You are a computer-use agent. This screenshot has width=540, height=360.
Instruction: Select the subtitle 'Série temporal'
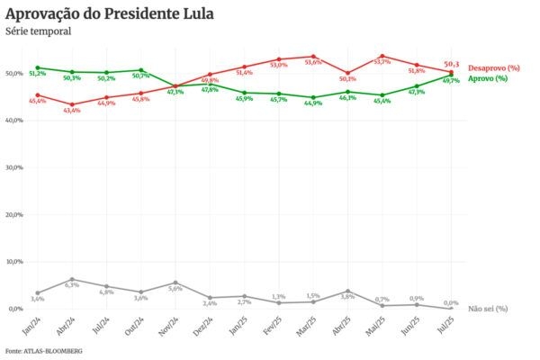point(38,31)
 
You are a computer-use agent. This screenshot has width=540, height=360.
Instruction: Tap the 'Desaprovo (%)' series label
point(494,68)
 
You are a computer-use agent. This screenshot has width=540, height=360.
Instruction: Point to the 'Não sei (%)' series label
point(488,309)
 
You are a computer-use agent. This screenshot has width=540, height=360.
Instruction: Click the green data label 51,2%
point(38,73)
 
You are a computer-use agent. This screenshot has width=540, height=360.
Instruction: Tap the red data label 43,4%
point(72,110)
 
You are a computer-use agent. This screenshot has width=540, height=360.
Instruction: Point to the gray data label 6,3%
point(72,285)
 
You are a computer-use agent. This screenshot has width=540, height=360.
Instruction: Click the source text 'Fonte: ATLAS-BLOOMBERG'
point(43,350)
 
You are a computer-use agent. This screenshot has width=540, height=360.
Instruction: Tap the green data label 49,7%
point(451,81)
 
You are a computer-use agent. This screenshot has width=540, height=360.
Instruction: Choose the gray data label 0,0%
point(451,303)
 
